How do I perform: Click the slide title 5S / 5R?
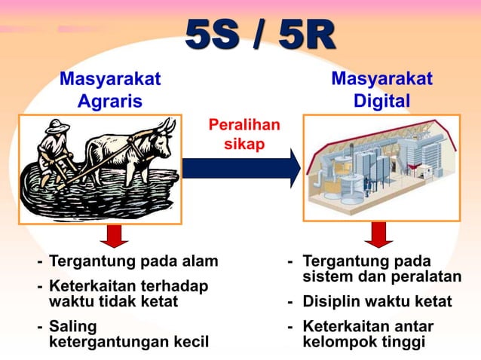click(260, 36)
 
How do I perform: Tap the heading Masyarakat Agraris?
click(110, 90)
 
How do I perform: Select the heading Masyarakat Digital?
click(381, 90)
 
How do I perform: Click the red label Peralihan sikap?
click(244, 134)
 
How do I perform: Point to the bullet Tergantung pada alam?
click(133, 261)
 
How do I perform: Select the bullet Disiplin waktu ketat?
click(377, 302)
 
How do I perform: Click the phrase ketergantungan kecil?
click(127, 342)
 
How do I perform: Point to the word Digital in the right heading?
click(382, 101)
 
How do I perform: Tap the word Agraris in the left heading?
click(110, 102)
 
